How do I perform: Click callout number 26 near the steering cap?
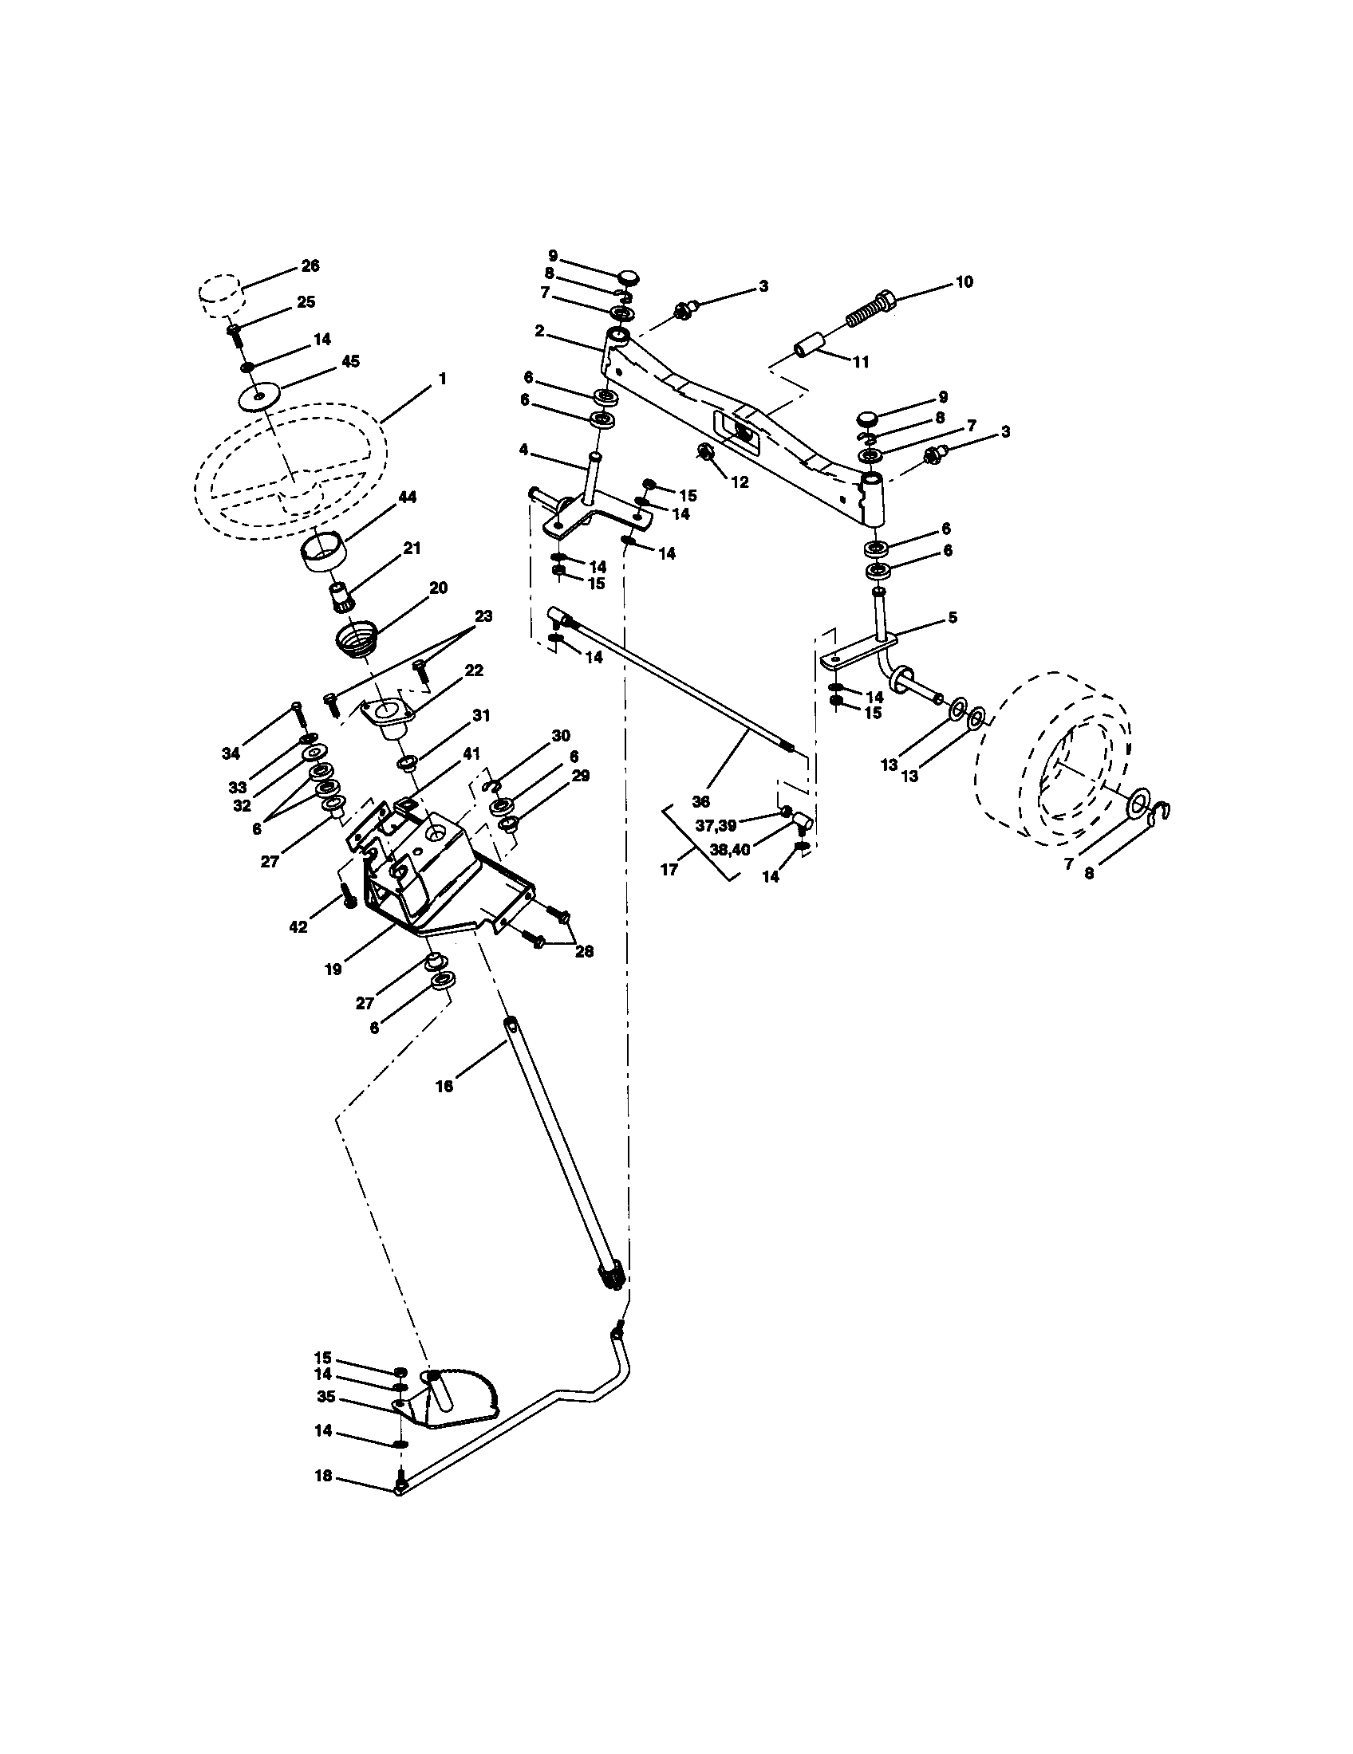point(310,265)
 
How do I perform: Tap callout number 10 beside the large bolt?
point(964,282)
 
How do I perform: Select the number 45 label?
point(350,361)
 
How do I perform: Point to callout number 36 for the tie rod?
point(700,801)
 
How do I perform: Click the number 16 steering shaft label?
point(444,1086)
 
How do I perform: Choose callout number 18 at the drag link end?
point(323,1477)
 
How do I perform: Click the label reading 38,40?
point(729,850)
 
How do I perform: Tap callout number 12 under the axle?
point(740,482)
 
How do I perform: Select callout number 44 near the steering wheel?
point(407,498)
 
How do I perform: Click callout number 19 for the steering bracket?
point(333,969)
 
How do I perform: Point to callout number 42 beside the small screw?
point(298,926)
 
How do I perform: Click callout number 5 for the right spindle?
point(952,619)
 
